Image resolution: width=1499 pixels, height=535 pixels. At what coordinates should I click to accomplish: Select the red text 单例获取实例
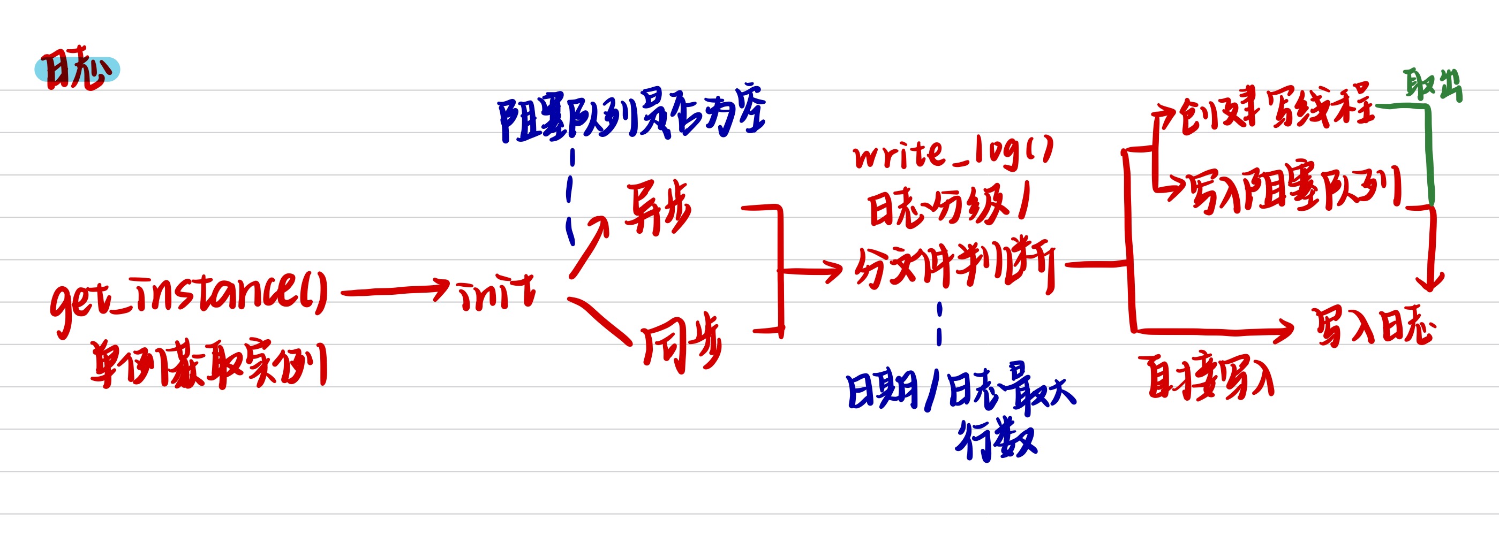pyautogui.click(x=208, y=365)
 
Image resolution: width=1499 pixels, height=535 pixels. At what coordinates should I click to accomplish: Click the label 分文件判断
pyautogui.click(x=954, y=266)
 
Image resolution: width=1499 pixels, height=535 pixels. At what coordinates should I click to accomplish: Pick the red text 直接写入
pyautogui.click(x=1210, y=378)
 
